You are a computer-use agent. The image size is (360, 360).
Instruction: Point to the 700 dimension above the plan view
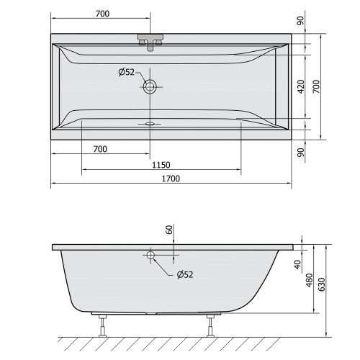(x=100, y=14)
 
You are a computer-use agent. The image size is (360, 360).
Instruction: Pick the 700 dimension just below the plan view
(x=100, y=149)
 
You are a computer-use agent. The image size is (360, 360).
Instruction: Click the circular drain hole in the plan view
(x=150, y=87)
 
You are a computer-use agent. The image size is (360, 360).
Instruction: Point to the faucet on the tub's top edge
(x=150, y=41)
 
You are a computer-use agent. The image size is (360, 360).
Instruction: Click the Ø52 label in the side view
(x=184, y=274)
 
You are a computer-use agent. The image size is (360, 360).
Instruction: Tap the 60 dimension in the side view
(x=169, y=230)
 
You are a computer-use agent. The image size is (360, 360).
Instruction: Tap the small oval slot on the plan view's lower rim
(x=150, y=123)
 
